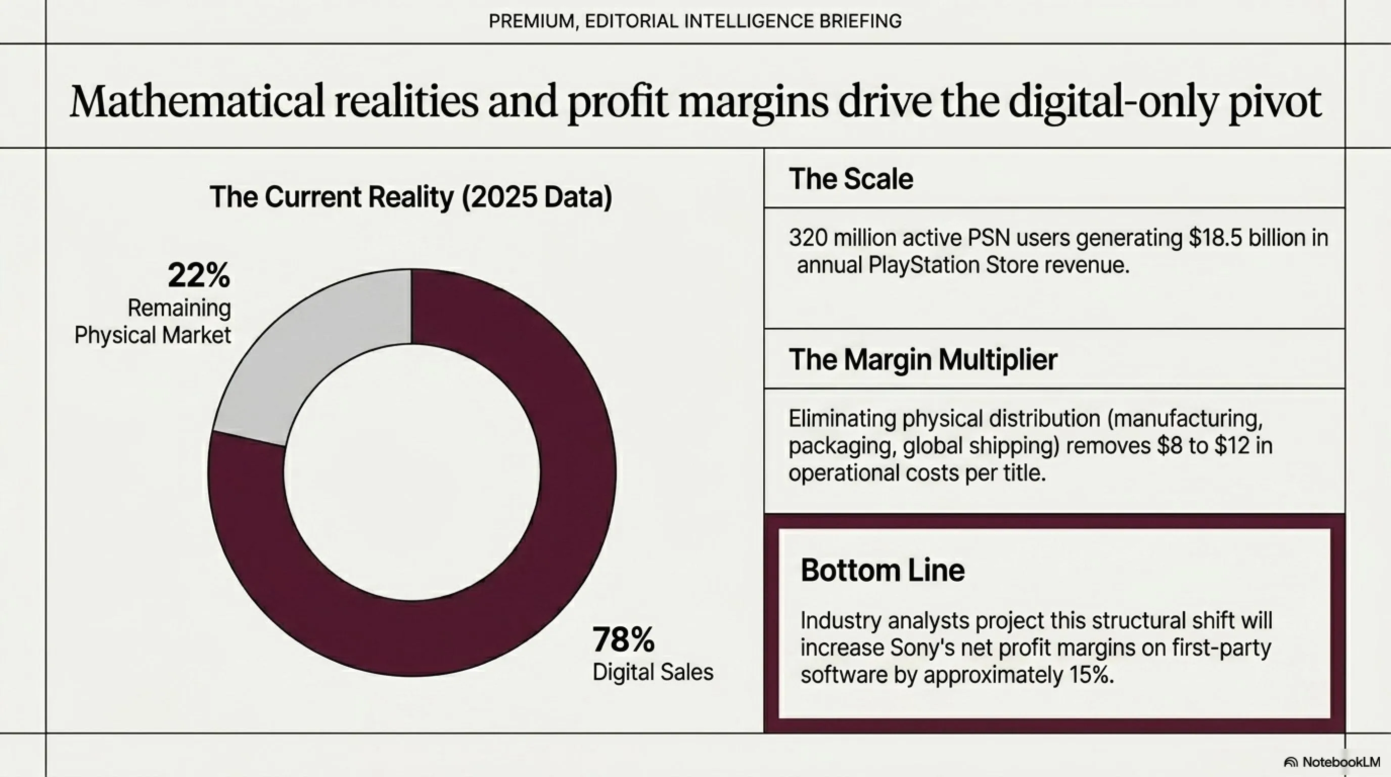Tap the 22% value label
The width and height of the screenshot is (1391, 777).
click(x=199, y=276)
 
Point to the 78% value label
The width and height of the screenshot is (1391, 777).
click(x=624, y=640)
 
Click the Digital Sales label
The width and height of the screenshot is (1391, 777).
click(x=653, y=672)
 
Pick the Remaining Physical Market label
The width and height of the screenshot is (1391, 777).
click(x=153, y=322)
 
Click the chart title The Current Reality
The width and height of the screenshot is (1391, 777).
click(x=411, y=197)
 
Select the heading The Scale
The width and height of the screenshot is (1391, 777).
click(x=851, y=179)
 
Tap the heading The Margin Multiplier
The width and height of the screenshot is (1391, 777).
click(x=923, y=359)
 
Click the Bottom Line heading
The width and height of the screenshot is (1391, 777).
click(x=883, y=570)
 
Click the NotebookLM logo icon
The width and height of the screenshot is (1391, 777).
click(x=1291, y=762)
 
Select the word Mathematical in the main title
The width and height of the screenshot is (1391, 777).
click(x=197, y=102)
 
